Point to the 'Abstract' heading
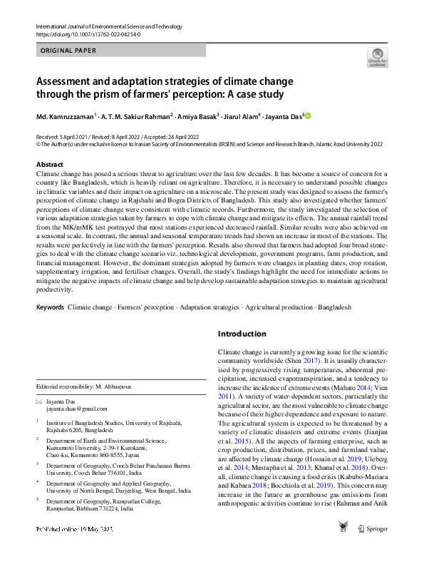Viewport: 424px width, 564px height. point(50,165)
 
